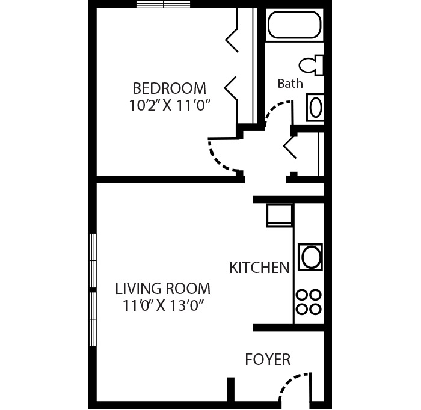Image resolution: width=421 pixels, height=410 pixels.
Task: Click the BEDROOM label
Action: [169, 88]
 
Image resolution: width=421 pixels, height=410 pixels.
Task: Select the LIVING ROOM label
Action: [162, 288]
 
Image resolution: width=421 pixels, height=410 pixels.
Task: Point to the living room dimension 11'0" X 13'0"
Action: [162, 305]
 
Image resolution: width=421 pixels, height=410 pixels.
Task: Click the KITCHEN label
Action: [259, 268]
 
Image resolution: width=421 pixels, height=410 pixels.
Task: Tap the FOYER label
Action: [268, 360]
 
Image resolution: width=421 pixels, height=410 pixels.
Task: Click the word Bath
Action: [290, 84]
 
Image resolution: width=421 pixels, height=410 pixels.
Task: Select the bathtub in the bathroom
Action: [293, 25]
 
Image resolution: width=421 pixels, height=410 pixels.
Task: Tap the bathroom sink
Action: [315, 108]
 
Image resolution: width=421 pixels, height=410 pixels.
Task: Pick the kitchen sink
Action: [310, 257]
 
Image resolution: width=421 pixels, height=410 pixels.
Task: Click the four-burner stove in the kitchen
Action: [309, 302]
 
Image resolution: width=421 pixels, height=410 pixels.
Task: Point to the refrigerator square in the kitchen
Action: [280, 215]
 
